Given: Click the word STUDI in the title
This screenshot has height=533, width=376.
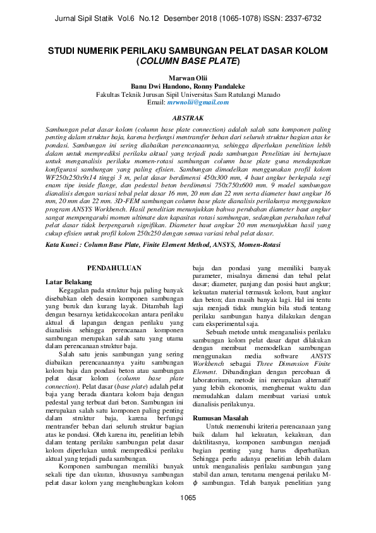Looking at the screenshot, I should (x=65, y=50).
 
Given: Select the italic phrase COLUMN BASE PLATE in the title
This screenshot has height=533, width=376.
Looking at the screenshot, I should (x=188, y=61).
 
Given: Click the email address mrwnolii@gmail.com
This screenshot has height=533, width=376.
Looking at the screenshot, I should (x=198, y=102).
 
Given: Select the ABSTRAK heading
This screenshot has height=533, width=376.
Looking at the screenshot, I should (x=188, y=118).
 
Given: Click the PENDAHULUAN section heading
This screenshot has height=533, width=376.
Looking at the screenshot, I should (x=114, y=251).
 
